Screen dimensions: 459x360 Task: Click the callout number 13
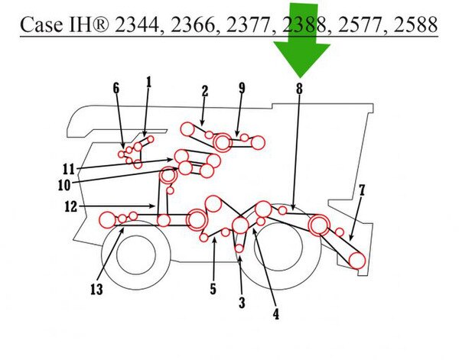click(96, 290)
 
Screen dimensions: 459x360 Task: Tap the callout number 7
click(362, 190)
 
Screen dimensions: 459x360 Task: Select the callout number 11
click(69, 170)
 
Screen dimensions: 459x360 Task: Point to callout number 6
click(116, 88)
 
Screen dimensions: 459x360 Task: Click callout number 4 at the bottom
click(275, 314)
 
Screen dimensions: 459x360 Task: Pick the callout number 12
click(71, 207)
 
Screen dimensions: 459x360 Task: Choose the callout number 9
click(242, 88)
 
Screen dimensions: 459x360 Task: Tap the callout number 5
click(213, 289)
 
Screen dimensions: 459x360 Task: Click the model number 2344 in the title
click(137, 24)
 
